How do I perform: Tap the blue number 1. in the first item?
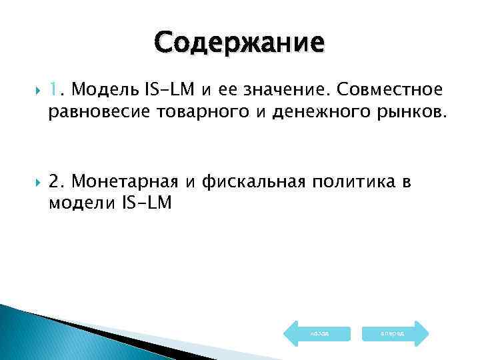click(55, 90)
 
